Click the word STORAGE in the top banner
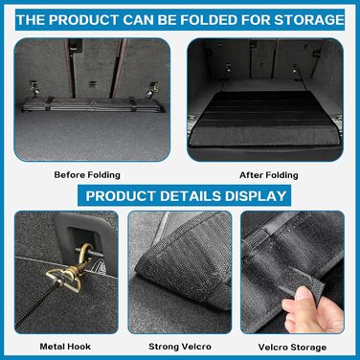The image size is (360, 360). coord(309,20)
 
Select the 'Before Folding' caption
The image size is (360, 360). coord(87,175)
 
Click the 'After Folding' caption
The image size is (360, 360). coord(269,175)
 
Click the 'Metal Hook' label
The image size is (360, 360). coord(65,347)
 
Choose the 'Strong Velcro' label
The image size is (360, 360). coord(180,347)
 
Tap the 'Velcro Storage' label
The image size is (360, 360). coord(292,347)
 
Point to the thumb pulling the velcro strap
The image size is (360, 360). coord(304,299)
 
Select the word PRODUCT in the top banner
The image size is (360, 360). coord(84,20)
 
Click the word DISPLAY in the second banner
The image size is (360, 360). coord(256,195)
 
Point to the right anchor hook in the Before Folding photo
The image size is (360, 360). coord(151,90)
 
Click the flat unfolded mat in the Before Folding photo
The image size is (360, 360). coord(93,104)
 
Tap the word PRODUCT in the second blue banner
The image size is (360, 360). coord(121,195)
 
